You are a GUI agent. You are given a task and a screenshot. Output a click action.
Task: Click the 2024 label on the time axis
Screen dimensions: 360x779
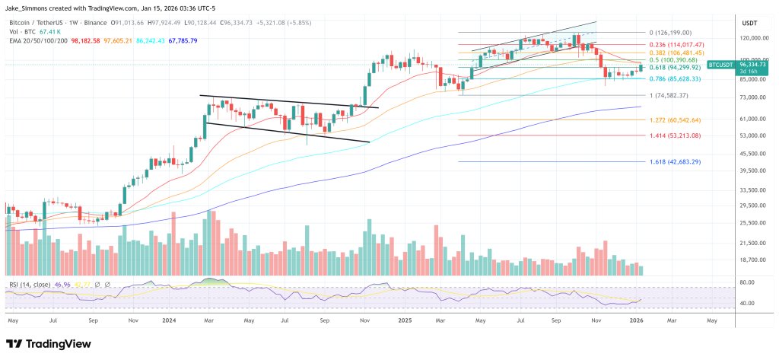tap(170, 320)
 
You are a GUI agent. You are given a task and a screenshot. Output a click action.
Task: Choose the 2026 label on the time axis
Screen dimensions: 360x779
tap(638, 320)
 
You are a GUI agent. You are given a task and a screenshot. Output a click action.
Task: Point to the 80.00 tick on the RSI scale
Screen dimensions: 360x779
tap(746, 282)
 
